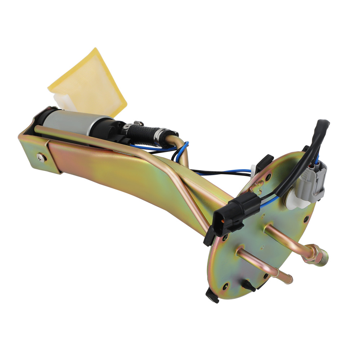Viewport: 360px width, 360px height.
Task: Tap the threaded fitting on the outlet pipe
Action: pos(323,255)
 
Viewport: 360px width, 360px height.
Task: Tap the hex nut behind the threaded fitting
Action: pos(312,254)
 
